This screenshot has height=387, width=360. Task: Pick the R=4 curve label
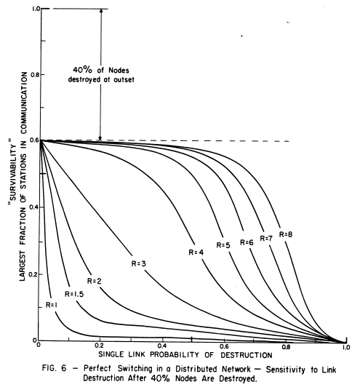pos(193,252)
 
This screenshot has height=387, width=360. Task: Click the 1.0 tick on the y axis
pos(30,9)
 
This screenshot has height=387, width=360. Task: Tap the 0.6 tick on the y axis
pos(30,140)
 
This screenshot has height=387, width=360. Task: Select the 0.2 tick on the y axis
pos(30,273)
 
